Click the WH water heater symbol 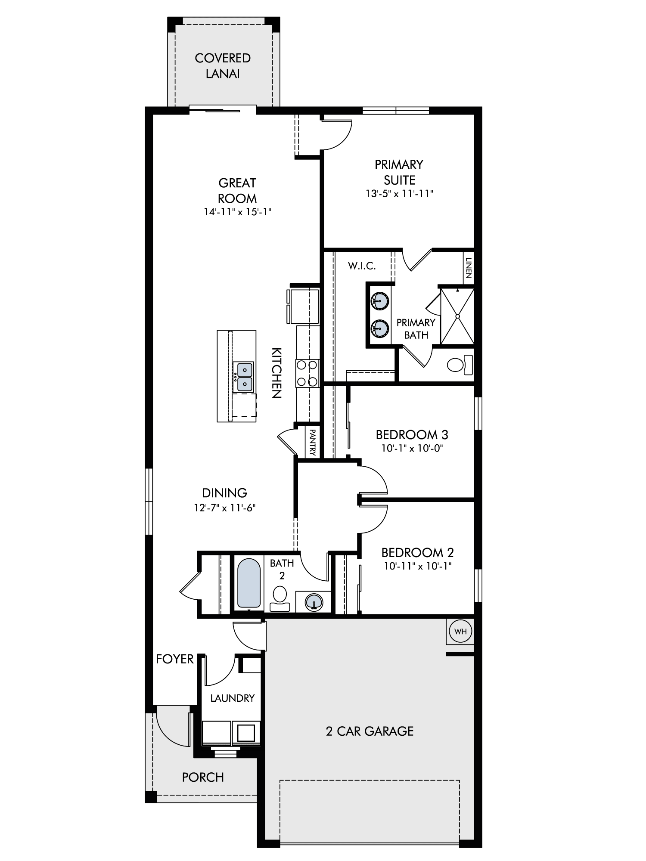(x=460, y=632)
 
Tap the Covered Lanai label (x=223, y=66)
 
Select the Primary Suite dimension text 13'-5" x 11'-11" (x=399, y=194)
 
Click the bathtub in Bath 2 (x=248, y=583)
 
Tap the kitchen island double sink (x=244, y=377)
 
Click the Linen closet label (x=469, y=268)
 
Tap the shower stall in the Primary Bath (x=457, y=316)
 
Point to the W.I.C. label (x=362, y=266)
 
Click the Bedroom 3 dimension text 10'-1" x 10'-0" (x=412, y=448)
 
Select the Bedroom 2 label (x=417, y=552)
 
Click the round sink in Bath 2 (x=314, y=602)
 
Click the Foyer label (x=175, y=659)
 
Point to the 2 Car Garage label (x=370, y=731)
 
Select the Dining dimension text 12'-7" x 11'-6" (x=225, y=508)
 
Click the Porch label (x=203, y=777)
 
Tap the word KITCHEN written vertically (x=276, y=373)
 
